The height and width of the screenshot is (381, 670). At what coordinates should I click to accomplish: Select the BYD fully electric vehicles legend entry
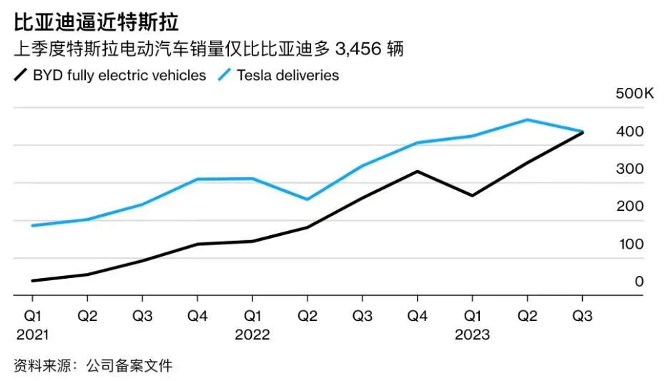pos(111,75)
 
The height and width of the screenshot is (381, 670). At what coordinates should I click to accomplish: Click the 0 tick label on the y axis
pos(639,282)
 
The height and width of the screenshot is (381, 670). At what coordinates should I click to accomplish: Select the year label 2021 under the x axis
pos(33,334)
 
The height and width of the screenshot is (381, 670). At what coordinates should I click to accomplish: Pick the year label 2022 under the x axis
pos(252,334)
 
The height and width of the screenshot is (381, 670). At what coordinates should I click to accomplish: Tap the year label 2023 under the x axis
pos(473,334)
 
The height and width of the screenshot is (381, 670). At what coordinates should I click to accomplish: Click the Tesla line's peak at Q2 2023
pos(528,119)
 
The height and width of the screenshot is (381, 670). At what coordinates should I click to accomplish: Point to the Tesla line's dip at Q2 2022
pos(307,199)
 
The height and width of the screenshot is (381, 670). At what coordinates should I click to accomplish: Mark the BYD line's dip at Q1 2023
pos(473,195)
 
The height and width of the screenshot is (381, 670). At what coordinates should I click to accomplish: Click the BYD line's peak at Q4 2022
pos(418,172)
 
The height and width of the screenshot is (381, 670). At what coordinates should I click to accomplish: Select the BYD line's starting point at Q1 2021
pos(33,280)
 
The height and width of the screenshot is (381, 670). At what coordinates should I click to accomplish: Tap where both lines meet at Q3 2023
pos(582,132)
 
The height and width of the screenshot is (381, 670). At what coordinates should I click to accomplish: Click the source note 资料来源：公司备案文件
pos(93,365)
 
